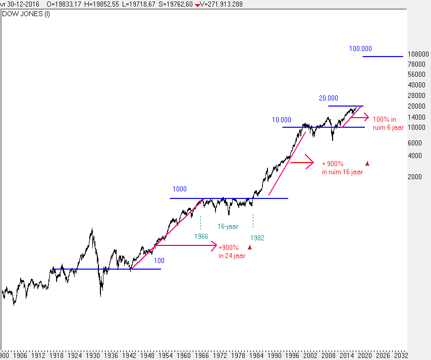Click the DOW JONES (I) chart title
click(x=26, y=14)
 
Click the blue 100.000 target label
click(x=360, y=49)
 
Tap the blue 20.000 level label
click(x=328, y=98)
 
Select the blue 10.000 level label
click(x=282, y=120)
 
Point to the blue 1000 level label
click(x=179, y=189)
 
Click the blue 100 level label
click(x=159, y=261)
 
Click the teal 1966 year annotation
click(x=201, y=236)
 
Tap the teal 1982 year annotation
click(x=257, y=237)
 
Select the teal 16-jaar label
click(x=228, y=227)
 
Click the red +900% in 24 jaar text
click(x=232, y=251)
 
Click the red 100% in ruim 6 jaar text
click(x=388, y=124)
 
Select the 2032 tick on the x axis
click(x=401, y=355)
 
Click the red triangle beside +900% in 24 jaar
click(x=249, y=247)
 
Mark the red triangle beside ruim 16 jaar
click(x=367, y=163)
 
